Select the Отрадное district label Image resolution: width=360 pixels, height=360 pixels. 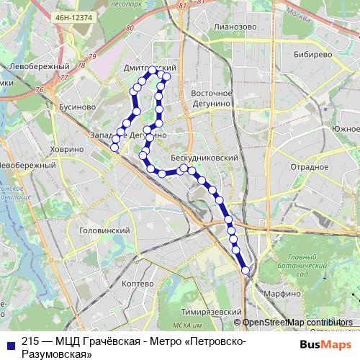(x=310, y=167)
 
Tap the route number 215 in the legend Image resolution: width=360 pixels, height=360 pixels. (x=30, y=341)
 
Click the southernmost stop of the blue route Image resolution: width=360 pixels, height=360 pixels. (x=246, y=271)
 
